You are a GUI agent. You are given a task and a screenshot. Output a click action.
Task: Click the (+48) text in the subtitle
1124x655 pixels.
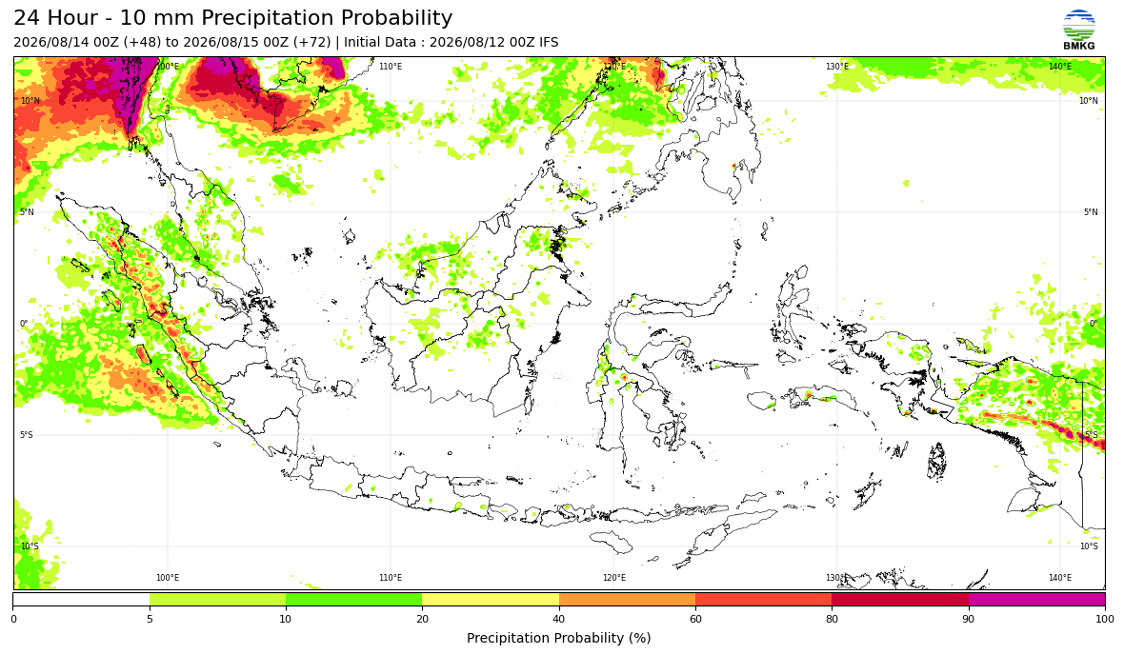click(143, 42)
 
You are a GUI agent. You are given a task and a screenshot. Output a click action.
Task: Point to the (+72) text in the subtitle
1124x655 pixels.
click(312, 42)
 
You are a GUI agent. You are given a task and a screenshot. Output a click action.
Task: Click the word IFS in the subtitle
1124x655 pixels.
click(549, 42)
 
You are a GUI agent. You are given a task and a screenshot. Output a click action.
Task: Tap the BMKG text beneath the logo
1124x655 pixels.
click(1079, 46)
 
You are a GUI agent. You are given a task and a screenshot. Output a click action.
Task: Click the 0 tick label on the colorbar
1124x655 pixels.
click(13, 619)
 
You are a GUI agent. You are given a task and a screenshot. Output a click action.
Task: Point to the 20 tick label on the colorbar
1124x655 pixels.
click(422, 619)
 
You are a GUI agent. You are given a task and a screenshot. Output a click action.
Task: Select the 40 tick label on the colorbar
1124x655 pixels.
click(559, 619)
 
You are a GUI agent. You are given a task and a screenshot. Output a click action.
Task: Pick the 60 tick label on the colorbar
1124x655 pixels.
click(695, 619)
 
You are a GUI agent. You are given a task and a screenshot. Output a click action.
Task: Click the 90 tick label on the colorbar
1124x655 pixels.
click(969, 619)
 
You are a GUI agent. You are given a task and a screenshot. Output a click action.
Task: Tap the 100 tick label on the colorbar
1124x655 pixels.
click(1105, 619)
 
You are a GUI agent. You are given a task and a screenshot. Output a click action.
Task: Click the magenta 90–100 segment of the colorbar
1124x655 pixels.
click(1036, 599)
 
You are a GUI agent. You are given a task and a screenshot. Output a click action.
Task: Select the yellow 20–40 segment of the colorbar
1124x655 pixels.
click(491, 599)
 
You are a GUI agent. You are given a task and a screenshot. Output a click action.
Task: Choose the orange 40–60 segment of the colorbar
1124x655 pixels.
click(627, 599)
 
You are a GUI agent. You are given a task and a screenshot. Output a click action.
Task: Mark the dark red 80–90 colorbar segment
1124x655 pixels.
click(900, 599)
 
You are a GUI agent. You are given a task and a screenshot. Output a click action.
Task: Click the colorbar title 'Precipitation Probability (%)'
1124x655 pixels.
click(558, 638)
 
